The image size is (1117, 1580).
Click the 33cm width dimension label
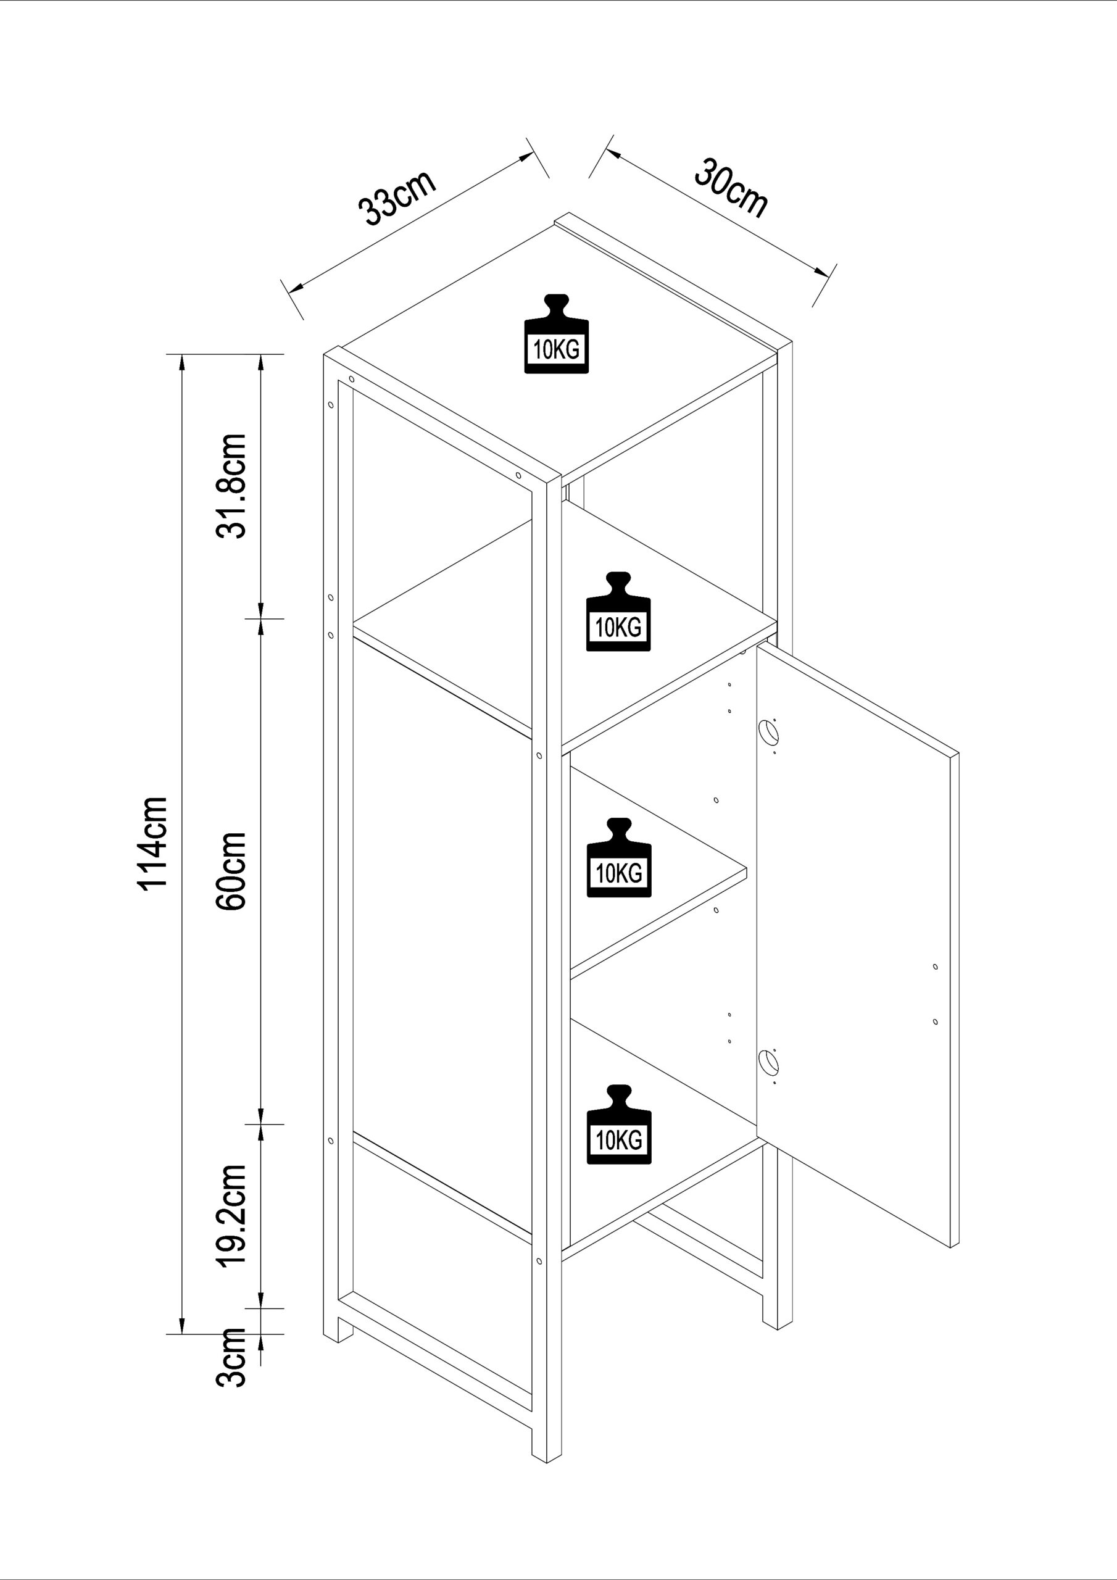click(397, 197)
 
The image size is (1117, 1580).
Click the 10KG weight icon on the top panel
click(556, 334)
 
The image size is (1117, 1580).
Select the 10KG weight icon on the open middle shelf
click(618, 611)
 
